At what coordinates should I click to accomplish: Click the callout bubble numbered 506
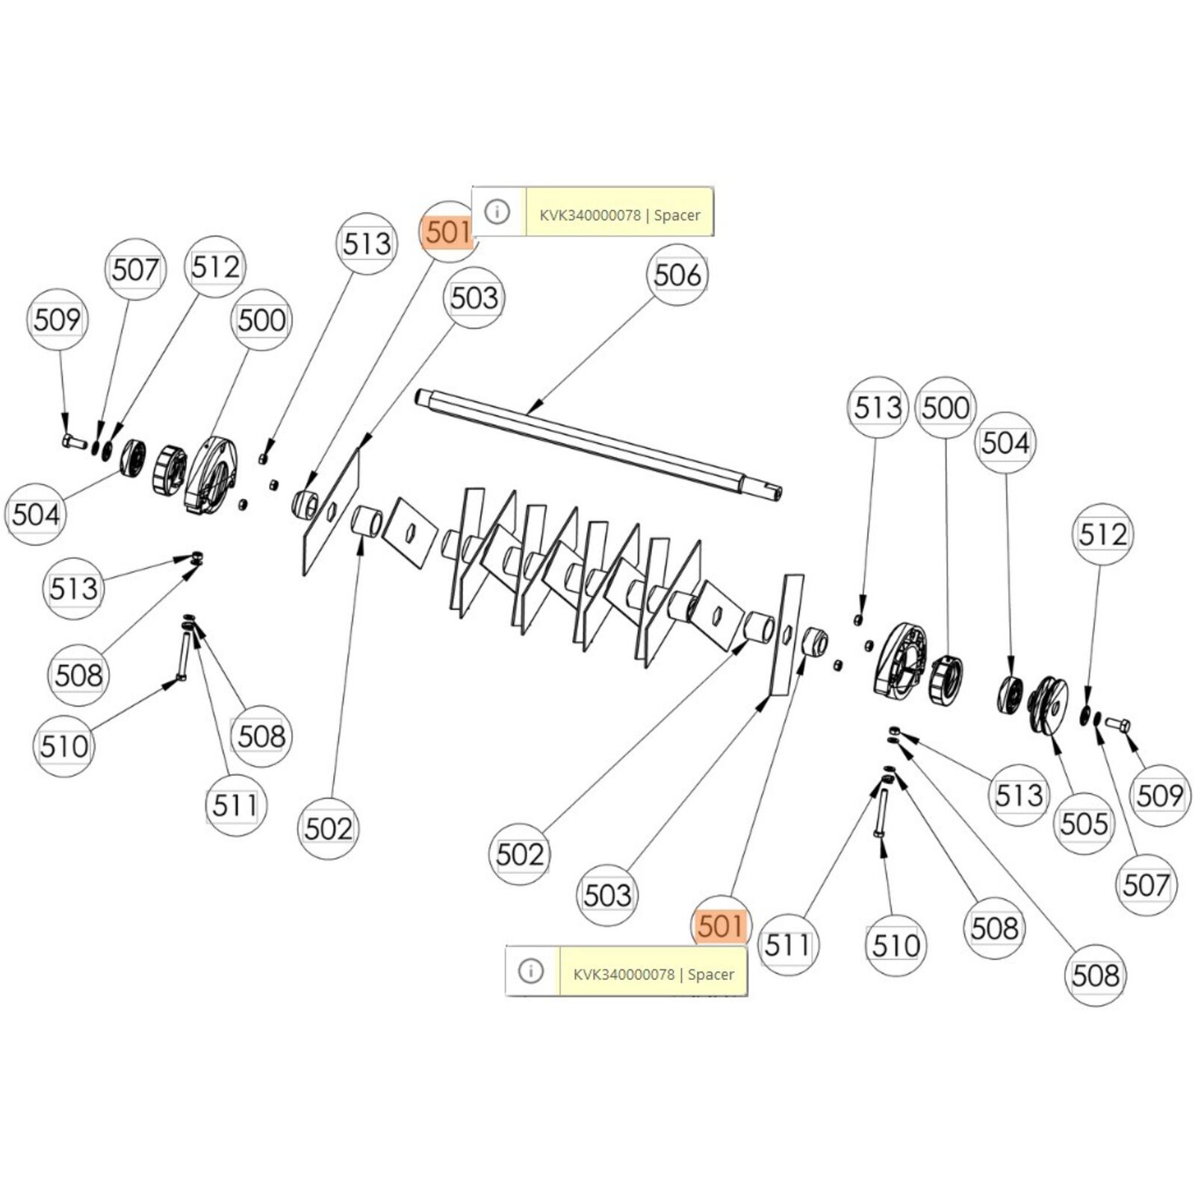coord(677,276)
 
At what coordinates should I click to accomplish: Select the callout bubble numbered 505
coord(1084,824)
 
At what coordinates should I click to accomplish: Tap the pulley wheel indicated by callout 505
coord(1049,704)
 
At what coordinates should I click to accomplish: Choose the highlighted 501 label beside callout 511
coord(721,926)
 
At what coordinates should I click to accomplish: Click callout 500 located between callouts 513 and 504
coord(946,408)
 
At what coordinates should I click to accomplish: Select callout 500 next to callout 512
coord(261,320)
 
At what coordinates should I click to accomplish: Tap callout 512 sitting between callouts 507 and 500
coord(215,267)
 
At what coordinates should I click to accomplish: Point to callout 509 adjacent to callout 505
coord(1159,795)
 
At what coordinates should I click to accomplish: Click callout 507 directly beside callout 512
coord(135,270)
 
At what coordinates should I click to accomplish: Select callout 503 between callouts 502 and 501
coord(607,895)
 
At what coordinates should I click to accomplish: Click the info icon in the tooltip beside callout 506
coord(497,212)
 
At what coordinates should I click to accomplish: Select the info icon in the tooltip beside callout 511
coord(531,971)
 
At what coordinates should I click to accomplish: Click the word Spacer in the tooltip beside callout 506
coord(677,215)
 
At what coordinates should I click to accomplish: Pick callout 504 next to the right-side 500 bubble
coord(1005,443)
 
